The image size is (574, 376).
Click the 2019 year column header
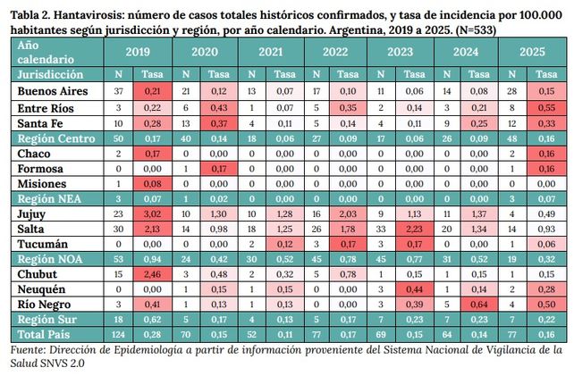139,52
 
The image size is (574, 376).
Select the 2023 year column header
400,52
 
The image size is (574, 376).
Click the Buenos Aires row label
51,91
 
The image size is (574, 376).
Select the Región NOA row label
49,259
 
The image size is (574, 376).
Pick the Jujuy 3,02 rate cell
152,214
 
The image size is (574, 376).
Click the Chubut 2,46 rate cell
152,274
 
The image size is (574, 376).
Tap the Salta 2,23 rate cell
413,230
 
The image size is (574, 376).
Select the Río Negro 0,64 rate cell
479,304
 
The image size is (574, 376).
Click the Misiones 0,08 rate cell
152,184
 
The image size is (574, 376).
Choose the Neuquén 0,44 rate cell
413,289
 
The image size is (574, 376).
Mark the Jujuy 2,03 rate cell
349,214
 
